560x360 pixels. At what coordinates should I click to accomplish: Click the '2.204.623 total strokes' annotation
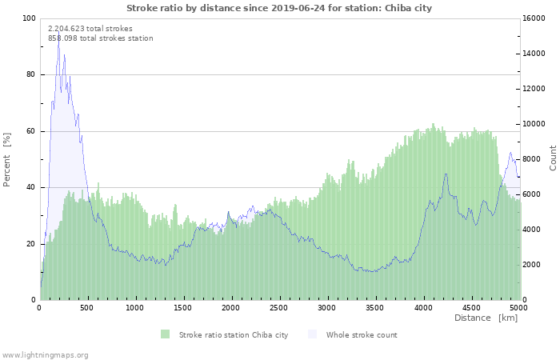(x=90, y=28)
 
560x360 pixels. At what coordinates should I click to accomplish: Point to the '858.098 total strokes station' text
(x=101, y=38)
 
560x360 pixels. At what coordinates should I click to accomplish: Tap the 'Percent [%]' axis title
(x=7, y=159)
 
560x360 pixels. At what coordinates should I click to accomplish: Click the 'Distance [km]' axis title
(x=486, y=318)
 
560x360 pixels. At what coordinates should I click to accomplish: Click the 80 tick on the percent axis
(x=31, y=74)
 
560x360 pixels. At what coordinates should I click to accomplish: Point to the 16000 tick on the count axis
(x=534, y=18)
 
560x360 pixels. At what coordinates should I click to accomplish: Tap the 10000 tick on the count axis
(x=534, y=124)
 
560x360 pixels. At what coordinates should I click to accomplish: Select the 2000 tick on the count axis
(x=532, y=265)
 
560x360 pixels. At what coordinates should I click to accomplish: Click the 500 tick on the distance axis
(x=88, y=307)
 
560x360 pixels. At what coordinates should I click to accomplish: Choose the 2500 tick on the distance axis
(x=279, y=307)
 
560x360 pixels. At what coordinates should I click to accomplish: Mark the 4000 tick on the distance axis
(x=423, y=307)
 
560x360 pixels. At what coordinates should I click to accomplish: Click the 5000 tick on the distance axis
(x=518, y=307)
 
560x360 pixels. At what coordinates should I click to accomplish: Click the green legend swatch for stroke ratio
(x=166, y=334)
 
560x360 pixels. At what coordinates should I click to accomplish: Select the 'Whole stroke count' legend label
(x=362, y=334)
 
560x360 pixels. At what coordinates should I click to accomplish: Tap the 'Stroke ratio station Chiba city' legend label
(x=234, y=334)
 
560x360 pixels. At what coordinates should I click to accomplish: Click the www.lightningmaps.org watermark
(x=45, y=354)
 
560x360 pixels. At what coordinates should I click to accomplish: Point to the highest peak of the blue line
(x=58, y=37)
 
